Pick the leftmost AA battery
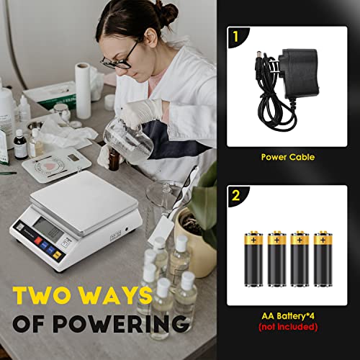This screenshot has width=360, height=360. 256,258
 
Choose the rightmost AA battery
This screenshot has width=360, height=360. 325,258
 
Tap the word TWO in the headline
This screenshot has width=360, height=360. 48,295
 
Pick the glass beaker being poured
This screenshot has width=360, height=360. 130,137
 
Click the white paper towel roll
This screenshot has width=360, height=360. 84,90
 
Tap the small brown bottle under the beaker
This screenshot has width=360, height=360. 114,159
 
